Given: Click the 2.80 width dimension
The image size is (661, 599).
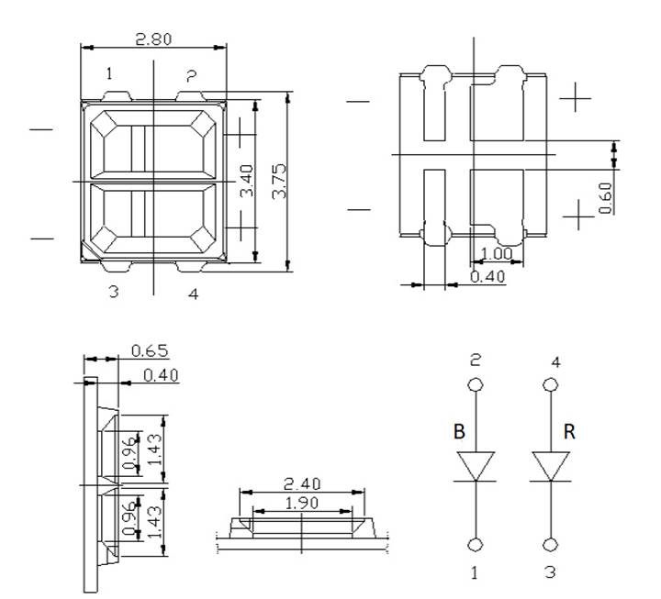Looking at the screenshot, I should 153,39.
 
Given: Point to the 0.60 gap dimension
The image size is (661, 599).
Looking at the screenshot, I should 606,197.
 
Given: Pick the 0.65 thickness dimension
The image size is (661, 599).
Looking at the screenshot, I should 149,350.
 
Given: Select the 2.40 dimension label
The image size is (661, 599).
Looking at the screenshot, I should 302,482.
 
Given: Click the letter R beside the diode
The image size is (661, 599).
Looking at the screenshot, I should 569,432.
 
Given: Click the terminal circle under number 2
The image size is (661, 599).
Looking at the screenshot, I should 476,385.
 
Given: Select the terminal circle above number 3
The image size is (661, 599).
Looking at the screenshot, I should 551,546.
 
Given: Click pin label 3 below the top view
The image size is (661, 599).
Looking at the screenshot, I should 113,293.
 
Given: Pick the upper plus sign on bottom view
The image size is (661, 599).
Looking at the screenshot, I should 576,96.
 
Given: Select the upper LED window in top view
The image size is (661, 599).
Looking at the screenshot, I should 152,144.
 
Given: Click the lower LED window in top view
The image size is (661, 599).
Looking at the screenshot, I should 152,220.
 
